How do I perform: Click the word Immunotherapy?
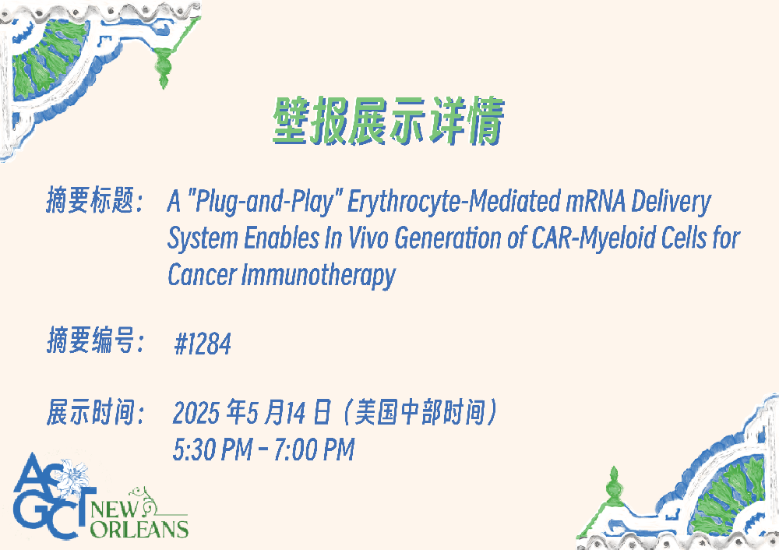[x=319, y=275]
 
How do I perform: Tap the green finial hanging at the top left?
[x=163, y=65]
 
